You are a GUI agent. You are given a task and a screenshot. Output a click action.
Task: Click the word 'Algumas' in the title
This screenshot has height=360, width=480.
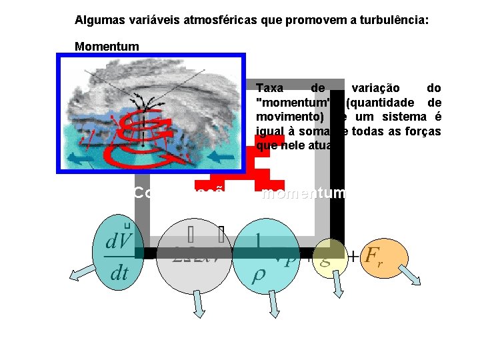click(x=96, y=21)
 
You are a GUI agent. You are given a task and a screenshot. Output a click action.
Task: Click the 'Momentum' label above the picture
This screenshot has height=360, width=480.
click(x=107, y=46)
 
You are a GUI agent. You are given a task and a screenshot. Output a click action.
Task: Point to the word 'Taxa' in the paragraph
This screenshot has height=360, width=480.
click(x=269, y=88)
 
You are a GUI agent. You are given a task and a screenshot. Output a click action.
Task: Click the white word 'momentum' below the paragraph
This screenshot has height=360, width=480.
click(x=304, y=193)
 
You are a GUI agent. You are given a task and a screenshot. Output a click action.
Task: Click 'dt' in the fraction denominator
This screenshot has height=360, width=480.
click(x=119, y=273)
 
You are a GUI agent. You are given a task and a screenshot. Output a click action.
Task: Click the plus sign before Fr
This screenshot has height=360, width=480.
click(x=354, y=254)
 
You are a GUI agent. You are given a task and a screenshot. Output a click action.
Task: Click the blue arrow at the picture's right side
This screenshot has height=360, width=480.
click(x=217, y=158)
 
